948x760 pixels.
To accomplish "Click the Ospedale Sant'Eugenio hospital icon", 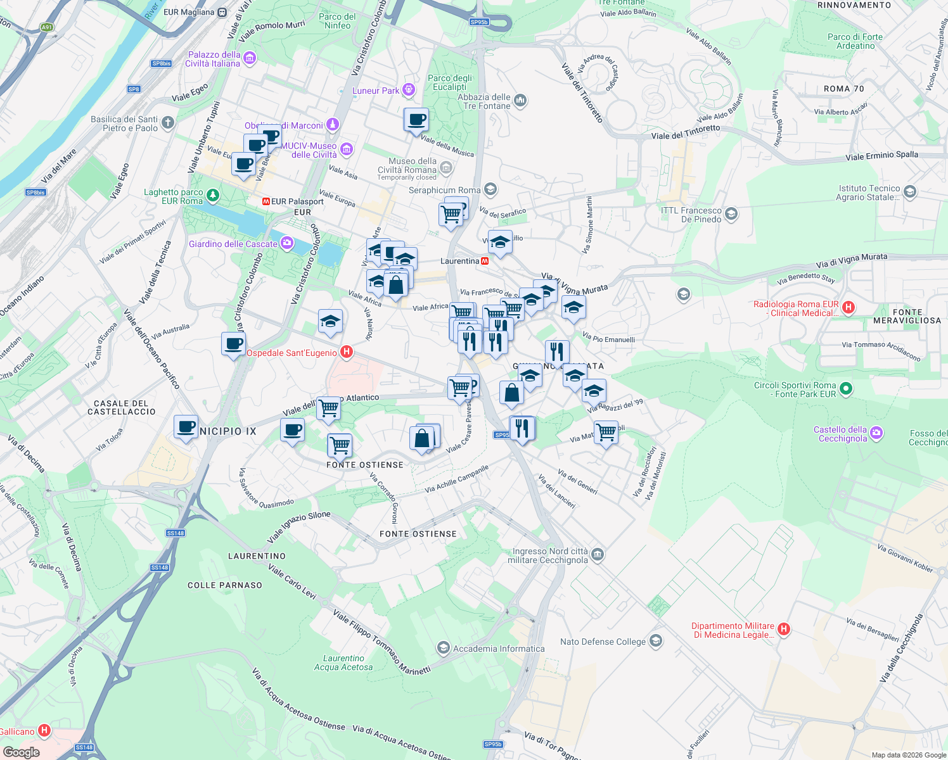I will tap(346, 352).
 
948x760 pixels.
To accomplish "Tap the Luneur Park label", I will tap(376, 91).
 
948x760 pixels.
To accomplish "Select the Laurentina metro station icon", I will tap(485, 261).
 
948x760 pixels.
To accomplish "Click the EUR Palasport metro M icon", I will tap(266, 201).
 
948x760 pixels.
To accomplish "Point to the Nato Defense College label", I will tap(603, 642).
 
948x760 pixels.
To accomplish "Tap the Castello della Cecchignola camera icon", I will tap(876, 433).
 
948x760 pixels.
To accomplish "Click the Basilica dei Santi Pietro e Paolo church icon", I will tap(167, 122).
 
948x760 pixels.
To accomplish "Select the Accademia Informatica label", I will tap(499, 649).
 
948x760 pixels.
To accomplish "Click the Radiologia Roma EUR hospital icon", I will tap(849, 308).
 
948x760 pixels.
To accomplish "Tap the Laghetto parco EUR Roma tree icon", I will tap(213, 196).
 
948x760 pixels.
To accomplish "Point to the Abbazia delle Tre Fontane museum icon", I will tap(520, 101).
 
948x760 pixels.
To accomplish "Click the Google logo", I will tap(21, 752).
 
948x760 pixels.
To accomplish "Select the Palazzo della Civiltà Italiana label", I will tap(214, 59).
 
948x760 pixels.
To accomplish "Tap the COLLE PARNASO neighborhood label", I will tap(225, 585).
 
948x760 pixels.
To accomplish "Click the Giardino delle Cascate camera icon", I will tap(287, 243).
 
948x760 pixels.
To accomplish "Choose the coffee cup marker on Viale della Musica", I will tap(416, 119).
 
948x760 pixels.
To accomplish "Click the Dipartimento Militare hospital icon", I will tap(784, 629).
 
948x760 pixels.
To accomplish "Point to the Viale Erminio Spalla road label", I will tap(881, 156).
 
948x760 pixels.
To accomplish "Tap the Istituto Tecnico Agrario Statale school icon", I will tap(910, 192).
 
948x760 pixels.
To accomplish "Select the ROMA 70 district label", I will tap(843, 89).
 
